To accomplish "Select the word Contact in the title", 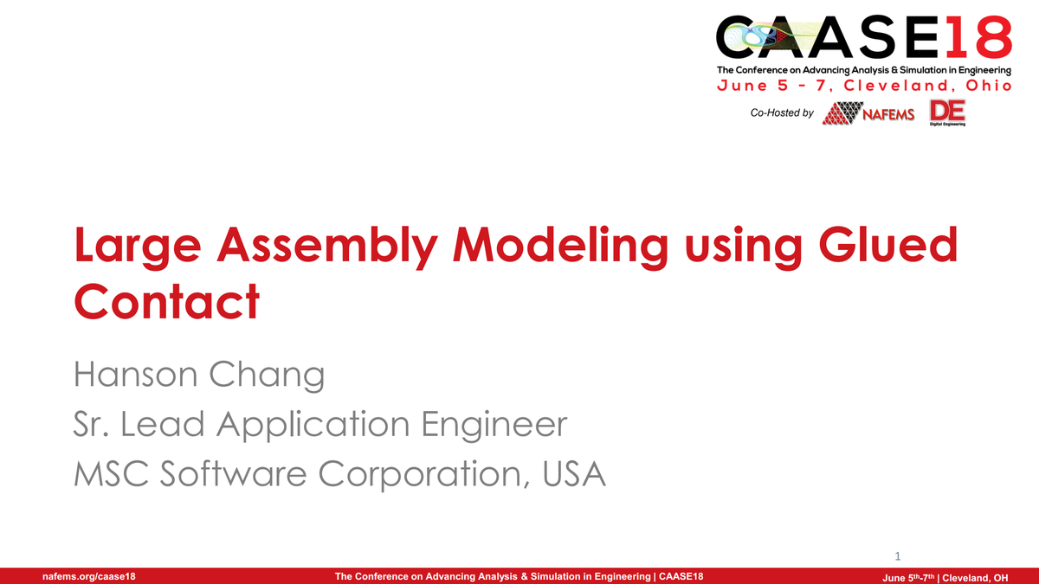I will point(166,301).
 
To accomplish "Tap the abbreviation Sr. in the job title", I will point(94,424).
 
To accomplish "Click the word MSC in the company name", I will point(108,473).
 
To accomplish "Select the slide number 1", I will point(898,555).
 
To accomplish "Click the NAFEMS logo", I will point(868,113).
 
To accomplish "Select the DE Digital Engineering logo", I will point(947,112).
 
